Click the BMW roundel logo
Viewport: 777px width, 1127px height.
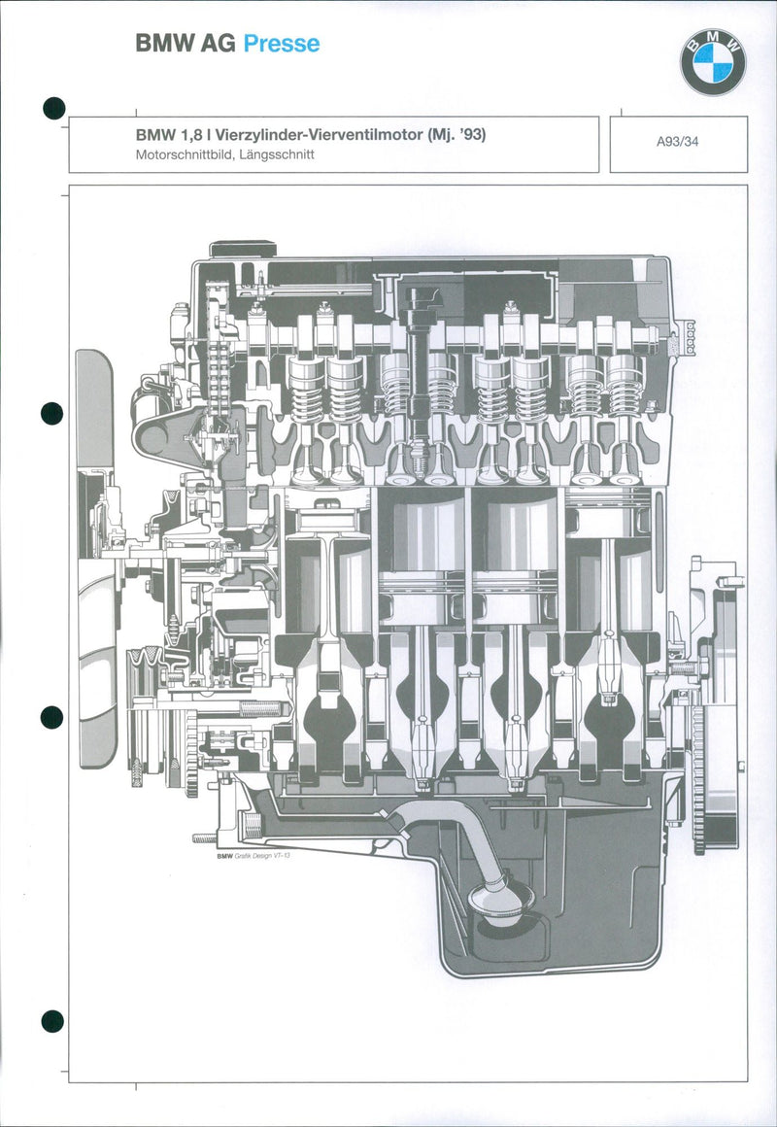tap(712, 62)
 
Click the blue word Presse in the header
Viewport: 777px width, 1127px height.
tap(281, 44)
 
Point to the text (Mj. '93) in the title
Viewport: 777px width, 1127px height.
tap(456, 135)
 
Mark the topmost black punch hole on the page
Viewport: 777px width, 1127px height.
tap(53, 108)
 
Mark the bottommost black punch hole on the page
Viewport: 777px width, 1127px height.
tap(52, 1021)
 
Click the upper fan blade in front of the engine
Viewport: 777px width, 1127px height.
tap(95, 408)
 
